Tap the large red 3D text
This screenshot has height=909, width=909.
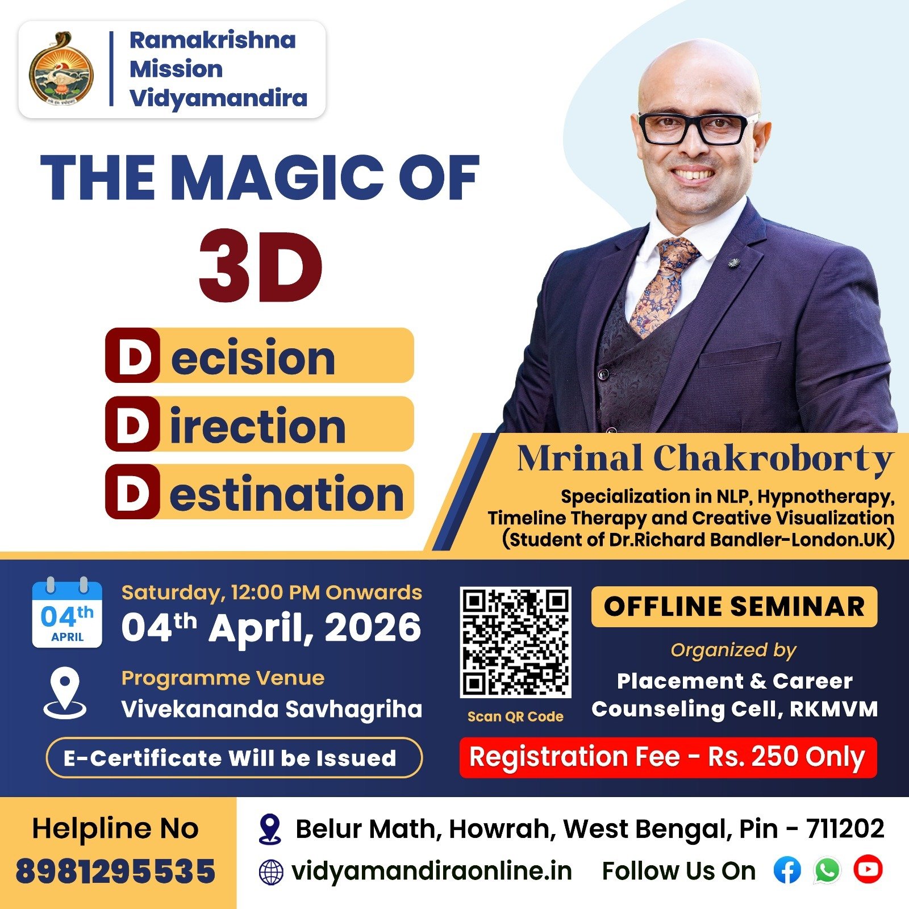coord(261,266)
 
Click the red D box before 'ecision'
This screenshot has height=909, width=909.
coord(132,355)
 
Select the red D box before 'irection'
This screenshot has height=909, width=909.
coord(132,424)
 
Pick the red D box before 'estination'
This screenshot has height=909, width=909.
coord(132,491)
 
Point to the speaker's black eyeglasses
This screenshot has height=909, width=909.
coord(698,128)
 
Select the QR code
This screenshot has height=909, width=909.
coord(515,643)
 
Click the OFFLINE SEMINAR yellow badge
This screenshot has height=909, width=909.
coord(734,607)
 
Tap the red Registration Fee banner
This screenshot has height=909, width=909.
coord(668,757)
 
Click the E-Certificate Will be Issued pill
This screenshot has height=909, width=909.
coord(234,757)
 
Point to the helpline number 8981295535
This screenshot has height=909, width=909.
coord(116,872)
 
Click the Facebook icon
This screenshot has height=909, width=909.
coord(787,870)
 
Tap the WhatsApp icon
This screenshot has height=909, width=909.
coord(828,870)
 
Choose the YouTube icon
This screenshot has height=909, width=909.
coord(868,869)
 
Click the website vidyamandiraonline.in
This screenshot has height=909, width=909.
coord(431,871)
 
